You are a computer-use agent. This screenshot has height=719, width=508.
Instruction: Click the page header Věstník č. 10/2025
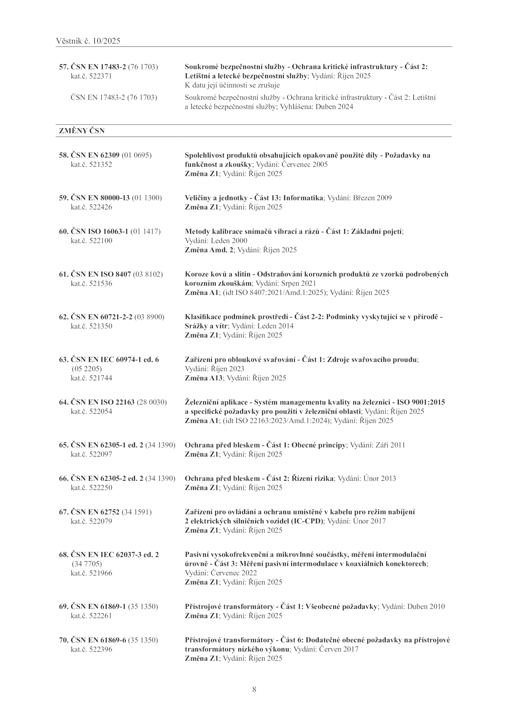click(88, 41)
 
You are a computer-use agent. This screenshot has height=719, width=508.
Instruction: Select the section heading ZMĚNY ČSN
click(82, 131)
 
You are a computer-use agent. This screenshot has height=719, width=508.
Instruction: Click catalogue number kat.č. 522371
click(91, 76)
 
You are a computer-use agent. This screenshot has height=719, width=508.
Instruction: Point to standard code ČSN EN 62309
click(95, 155)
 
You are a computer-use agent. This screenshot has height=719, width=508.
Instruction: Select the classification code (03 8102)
click(148, 274)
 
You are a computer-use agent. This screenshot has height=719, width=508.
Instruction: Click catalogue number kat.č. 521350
click(91, 326)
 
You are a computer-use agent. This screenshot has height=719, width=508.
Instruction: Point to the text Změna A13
click(204, 378)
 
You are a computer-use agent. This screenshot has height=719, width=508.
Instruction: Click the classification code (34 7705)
click(87, 564)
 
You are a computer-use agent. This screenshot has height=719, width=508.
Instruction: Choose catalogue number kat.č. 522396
click(91, 649)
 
